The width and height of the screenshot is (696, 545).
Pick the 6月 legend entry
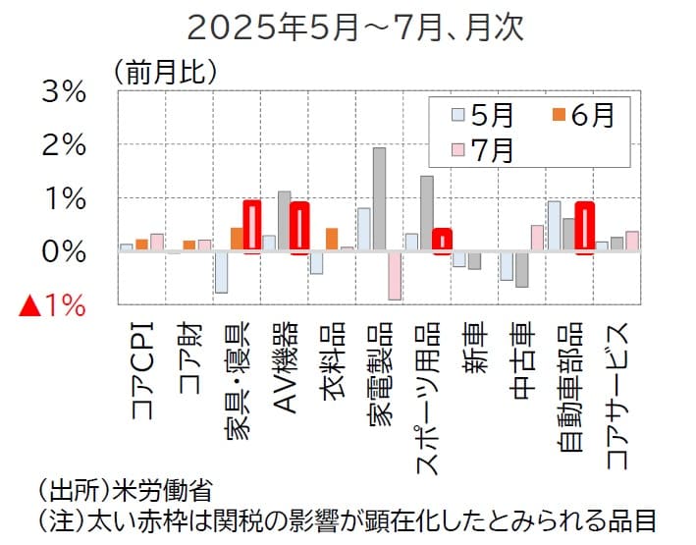pos(580,115)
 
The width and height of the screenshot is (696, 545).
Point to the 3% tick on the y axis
pos(61,92)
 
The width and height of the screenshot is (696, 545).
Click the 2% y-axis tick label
pos(61,145)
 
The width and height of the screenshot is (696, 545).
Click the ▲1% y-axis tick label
pos(53,305)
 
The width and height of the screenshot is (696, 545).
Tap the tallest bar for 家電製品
pos(379,199)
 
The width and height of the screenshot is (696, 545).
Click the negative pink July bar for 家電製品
pos(394,275)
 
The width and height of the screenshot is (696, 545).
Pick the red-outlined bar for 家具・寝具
pos(251,227)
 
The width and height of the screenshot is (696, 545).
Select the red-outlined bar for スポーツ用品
pos(442,242)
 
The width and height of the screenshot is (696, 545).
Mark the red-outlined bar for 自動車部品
pos(584,228)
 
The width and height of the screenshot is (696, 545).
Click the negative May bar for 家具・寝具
pos(221,272)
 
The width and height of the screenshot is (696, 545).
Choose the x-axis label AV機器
pos(284,377)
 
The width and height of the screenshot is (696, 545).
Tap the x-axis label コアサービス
pos(616,393)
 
